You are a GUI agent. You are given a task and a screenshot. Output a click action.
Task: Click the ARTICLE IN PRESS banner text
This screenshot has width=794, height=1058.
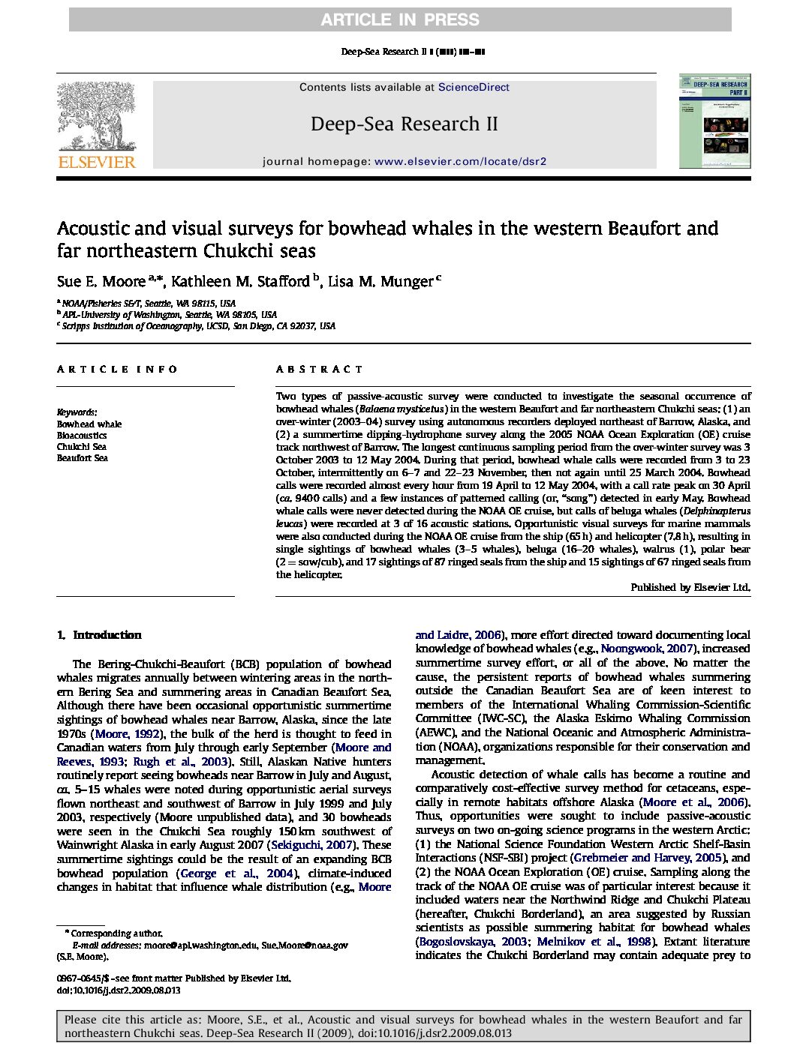pyautogui.click(x=399, y=20)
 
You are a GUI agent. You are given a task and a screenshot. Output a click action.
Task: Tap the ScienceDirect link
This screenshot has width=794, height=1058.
pyautogui.click(x=474, y=87)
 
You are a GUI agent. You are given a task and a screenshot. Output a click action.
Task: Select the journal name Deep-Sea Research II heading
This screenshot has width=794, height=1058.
pyautogui.click(x=404, y=124)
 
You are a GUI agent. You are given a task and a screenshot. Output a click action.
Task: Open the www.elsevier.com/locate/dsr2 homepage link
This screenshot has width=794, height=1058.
pyautogui.click(x=460, y=161)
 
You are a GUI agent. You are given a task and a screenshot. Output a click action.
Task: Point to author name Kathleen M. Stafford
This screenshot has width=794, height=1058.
pyautogui.click(x=240, y=282)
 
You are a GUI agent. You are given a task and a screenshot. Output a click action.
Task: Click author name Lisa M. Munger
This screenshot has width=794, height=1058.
pyautogui.click(x=380, y=282)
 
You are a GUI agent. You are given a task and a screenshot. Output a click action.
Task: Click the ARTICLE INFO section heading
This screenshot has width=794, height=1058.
pyautogui.click(x=117, y=369)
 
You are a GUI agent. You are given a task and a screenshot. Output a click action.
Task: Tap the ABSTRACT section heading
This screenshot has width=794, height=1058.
pyautogui.click(x=319, y=369)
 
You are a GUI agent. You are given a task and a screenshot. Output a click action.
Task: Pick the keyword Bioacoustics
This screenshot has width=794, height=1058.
pyautogui.click(x=82, y=436)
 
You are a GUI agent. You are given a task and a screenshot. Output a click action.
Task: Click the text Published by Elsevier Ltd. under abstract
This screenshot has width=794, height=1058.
pyautogui.click(x=690, y=588)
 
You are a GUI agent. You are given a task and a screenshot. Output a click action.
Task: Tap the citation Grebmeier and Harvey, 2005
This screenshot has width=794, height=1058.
pyautogui.click(x=648, y=858)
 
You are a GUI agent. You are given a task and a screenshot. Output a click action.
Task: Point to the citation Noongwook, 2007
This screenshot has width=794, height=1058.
pyautogui.click(x=647, y=649)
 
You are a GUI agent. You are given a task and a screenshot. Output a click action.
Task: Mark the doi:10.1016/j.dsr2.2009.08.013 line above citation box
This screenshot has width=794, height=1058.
pyautogui.click(x=119, y=990)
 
